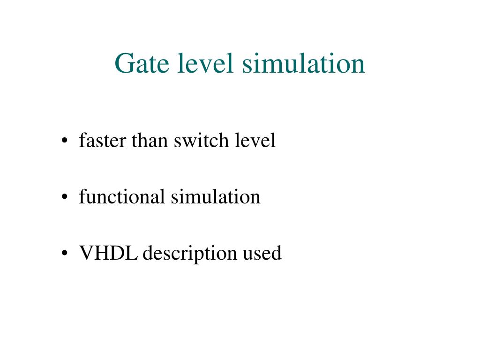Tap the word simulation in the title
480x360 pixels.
[x=303, y=64]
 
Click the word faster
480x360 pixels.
[x=103, y=141]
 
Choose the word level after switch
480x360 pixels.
[x=255, y=141]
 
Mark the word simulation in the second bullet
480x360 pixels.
[x=215, y=197]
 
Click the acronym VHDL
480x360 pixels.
[x=109, y=253]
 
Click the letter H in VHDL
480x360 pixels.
[x=103, y=253]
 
